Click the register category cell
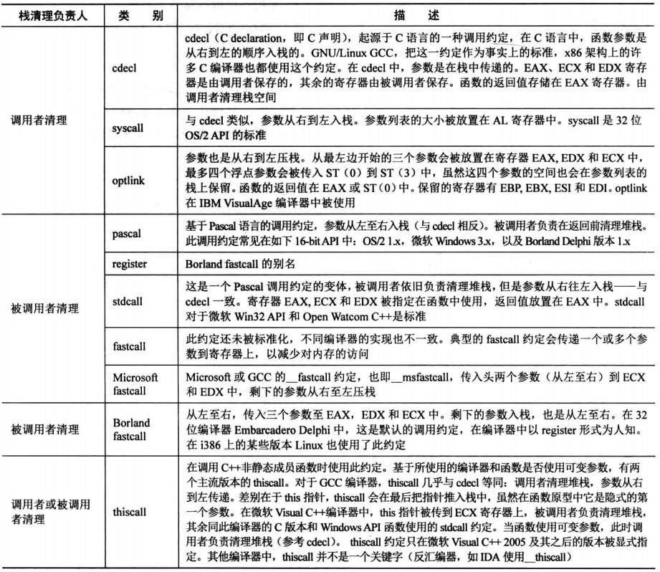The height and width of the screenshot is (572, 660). coord(129,264)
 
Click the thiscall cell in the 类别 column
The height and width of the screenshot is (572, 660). coord(129,513)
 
